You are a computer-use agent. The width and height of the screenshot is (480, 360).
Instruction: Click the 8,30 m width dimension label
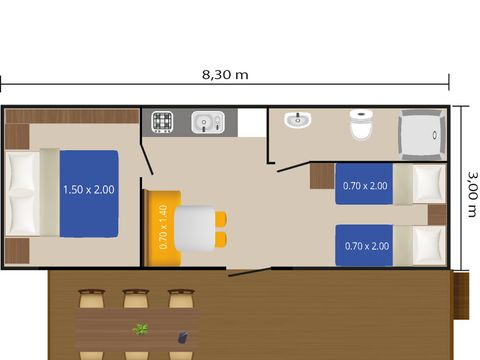point(225,74)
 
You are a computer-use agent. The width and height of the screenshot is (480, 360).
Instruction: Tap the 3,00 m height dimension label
point(472,194)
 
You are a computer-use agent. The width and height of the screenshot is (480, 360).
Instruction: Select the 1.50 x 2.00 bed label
point(89,190)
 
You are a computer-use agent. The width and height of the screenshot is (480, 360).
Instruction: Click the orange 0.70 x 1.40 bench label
point(163,227)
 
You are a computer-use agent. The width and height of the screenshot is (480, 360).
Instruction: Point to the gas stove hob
point(162,122)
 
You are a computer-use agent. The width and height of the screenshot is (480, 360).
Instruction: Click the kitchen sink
point(208,122)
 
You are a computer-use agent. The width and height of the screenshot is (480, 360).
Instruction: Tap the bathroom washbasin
point(298,120)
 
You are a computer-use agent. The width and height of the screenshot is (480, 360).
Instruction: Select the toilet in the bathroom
point(360,125)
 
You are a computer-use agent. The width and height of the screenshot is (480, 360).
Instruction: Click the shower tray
point(422,135)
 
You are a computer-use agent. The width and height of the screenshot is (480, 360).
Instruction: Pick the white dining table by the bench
point(195,228)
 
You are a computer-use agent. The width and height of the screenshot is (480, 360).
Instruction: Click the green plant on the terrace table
point(140,329)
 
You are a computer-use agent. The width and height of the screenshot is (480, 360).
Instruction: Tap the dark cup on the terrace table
point(183,337)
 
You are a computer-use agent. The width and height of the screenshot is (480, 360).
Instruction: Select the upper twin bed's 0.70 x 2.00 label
point(365,186)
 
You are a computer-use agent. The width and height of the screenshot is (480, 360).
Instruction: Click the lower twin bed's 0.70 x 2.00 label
point(367,246)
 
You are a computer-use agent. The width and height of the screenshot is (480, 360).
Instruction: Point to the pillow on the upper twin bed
point(429,184)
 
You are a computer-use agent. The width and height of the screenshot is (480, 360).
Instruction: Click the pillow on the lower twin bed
point(429,245)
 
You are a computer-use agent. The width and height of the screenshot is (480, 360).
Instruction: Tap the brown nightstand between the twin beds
point(437,215)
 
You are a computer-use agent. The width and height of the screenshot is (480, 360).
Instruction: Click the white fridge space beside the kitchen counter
point(252,122)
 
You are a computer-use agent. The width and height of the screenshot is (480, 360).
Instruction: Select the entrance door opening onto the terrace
point(249,272)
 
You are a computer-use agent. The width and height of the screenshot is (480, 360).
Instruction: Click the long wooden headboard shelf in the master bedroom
point(72,116)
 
